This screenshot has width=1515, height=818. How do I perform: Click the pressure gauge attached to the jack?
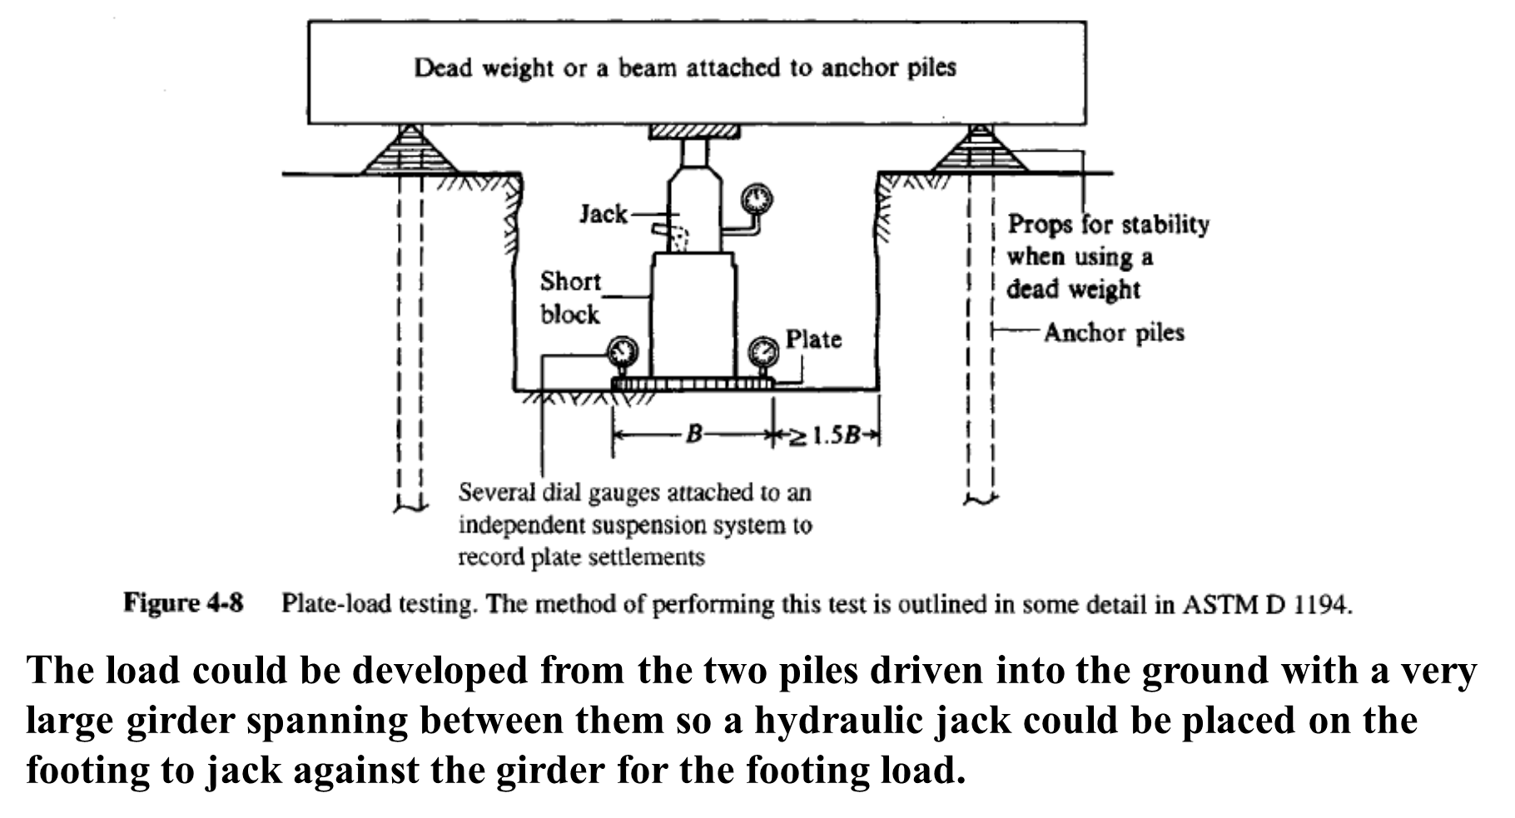click(x=756, y=200)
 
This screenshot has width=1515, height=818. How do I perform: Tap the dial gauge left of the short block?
click(x=620, y=352)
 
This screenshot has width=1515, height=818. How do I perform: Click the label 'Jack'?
click(x=604, y=215)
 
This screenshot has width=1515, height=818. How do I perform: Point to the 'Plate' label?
click(x=813, y=340)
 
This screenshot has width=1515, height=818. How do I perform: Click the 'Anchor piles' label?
click(x=1114, y=333)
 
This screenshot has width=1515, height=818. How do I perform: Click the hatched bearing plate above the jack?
click(x=693, y=131)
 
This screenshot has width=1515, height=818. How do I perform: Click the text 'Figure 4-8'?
click(x=184, y=602)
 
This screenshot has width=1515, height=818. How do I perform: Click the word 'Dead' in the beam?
click(x=443, y=67)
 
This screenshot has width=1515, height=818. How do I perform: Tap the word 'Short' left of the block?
click(x=570, y=281)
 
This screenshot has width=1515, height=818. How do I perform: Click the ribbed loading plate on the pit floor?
click(x=693, y=384)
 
